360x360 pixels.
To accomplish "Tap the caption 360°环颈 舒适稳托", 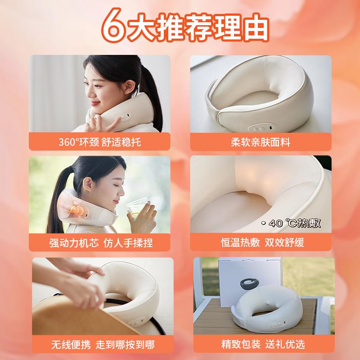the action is pyautogui.click(x=99, y=142).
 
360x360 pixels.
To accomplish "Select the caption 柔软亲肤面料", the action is pyautogui.click(x=261, y=142).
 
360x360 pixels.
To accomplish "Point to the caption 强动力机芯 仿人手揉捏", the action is pyautogui.click(x=101, y=243).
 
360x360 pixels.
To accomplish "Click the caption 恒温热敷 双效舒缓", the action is pyautogui.click(x=262, y=243).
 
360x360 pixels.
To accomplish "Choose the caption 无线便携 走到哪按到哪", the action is pyautogui.click(x=103, y=344).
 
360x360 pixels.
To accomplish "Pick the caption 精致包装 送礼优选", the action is pyautogui.click(x=263, y=344).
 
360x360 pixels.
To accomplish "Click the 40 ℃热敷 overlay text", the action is pyautogui.click(x=291, y=223).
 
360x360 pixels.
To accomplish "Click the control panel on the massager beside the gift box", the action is pyautogui.click(x=278, y=324).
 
